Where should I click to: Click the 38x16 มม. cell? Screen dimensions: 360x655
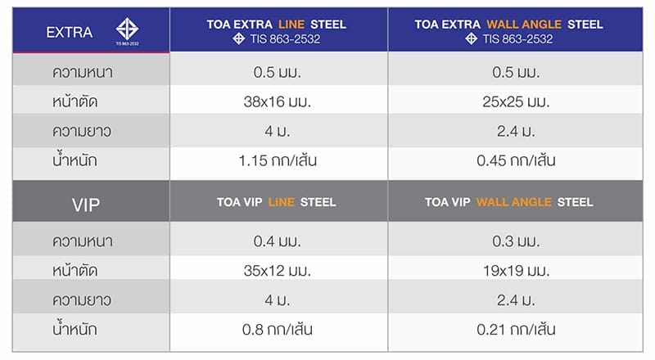pos(278,101)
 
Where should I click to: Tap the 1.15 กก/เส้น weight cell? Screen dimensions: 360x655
pos(278,161)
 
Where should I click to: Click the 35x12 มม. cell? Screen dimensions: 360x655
pos(278,271)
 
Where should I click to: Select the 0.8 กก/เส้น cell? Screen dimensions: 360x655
pos(278,330)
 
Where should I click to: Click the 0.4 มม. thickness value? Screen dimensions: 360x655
pos(278,241)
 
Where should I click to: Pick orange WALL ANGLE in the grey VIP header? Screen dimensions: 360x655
pos(513,202)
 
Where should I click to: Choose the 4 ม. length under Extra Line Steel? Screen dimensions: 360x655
pos(278,131)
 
